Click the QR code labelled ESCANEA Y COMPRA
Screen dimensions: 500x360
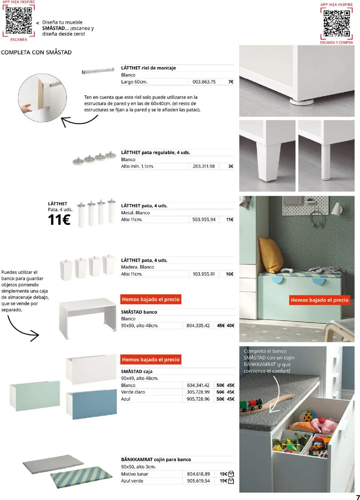click(337, 23)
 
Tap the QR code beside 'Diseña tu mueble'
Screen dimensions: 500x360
click(19, 20)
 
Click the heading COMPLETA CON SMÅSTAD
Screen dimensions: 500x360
click(36, 52)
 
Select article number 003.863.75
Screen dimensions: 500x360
click(204, 82)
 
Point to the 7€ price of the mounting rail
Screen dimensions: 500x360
click(231, 82)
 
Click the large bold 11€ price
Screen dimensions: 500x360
click(59, 220)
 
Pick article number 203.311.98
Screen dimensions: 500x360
click(204, 166)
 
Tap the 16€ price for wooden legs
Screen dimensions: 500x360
click(229, 274)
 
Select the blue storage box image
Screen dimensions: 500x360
click(92, 404)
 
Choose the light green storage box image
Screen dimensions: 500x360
click(35, 395)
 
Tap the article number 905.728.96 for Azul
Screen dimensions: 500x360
click(198, 399)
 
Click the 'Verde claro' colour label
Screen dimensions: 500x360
click(133, 392)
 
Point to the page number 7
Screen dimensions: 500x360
click(358, 497)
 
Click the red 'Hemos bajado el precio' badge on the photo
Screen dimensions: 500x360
click(319, 300)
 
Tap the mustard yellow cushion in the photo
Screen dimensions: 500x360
click(271, 254)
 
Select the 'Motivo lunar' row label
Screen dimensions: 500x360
click(134, 474)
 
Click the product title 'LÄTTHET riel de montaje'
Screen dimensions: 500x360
click(148, 68)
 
